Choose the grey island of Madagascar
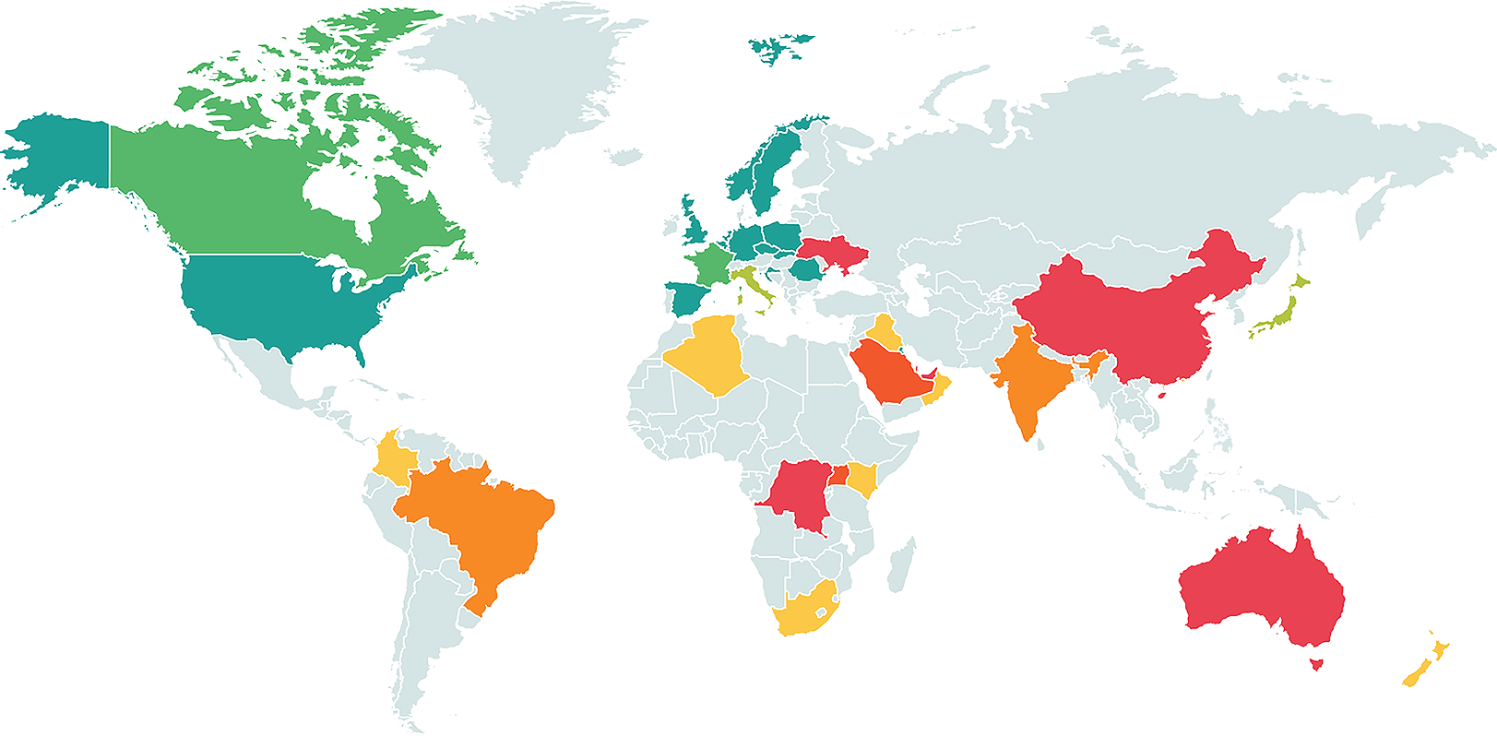pyautogui.click(x=901, y=564)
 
